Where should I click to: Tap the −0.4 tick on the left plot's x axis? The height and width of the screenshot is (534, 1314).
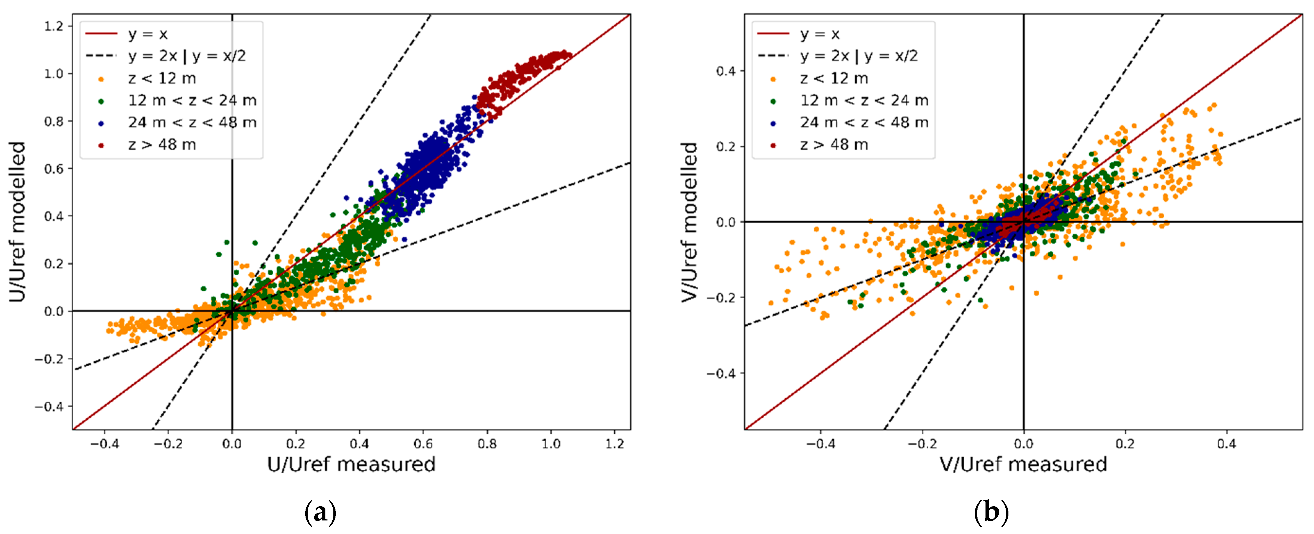(x=104, y=444)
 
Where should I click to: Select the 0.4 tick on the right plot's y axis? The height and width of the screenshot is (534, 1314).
(x=725, y=71)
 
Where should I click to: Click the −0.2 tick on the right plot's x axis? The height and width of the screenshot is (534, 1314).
(x=922, y=444)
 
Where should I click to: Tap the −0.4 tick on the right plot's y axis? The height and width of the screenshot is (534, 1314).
(x=721, y=373)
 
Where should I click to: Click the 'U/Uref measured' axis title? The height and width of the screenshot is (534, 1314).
(x=351, y=465)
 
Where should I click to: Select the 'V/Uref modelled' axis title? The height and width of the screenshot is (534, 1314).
(x=689, y=222)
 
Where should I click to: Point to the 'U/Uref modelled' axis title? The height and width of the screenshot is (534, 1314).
(x=17, y=222)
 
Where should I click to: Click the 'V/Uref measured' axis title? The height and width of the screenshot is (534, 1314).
(x=1023, y=465)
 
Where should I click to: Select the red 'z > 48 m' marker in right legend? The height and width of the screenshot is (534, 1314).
(x=773, y=146)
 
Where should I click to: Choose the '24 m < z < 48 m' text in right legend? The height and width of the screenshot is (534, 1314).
(x=864, y=123)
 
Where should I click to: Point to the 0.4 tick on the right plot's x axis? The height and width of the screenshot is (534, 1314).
(x=1226, y=444)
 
